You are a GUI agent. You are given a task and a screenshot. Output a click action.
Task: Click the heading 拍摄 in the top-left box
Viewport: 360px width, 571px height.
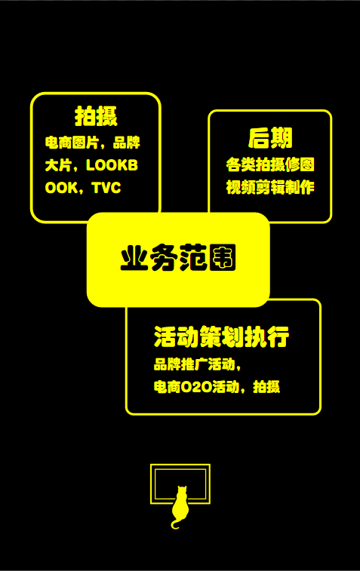click(x=96, y=116)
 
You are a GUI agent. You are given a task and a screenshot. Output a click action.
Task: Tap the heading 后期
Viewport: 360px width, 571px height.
click(x=270, y=138)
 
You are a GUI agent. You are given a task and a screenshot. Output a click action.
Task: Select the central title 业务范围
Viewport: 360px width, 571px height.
click(x=178, y=258)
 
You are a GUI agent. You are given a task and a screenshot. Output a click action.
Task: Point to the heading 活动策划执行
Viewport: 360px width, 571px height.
click(x=222, y=336)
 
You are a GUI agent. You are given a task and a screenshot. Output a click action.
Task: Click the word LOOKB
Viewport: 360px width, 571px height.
click(x=112, y=165)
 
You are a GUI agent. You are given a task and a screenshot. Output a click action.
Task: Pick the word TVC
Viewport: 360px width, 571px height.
click(x=106, y=188)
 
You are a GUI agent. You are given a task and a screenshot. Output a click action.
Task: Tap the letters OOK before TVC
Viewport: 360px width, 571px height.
click(x=62, y=188)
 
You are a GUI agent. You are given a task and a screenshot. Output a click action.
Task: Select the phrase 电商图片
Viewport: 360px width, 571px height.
click(x=72, y=143)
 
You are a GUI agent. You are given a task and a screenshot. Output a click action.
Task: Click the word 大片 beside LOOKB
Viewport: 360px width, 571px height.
click(x=58, y=165)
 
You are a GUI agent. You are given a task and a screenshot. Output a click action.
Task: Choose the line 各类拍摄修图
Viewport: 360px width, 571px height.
click(x=270, y=164)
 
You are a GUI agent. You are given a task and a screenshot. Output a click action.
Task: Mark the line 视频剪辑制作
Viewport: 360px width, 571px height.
click(x=270, y=187)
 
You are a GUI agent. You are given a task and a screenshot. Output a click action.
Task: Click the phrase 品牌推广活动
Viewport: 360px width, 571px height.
click(x=194, y=364)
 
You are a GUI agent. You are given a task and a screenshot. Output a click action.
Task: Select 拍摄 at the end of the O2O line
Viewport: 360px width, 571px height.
click(x=266, y=387)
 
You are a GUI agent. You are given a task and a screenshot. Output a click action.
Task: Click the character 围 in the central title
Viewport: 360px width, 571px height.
click(x=223, y=258)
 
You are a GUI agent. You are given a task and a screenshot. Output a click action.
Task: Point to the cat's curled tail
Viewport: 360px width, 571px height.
click(x=175, y=524)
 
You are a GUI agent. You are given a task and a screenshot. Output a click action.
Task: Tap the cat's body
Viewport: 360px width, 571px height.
click(x=180, y=508)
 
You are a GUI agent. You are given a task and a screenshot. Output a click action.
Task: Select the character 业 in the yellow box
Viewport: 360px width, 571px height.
click(x=134, y=258)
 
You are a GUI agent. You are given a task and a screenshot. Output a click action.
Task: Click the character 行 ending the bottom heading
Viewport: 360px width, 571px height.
click(x=278, y=336)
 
